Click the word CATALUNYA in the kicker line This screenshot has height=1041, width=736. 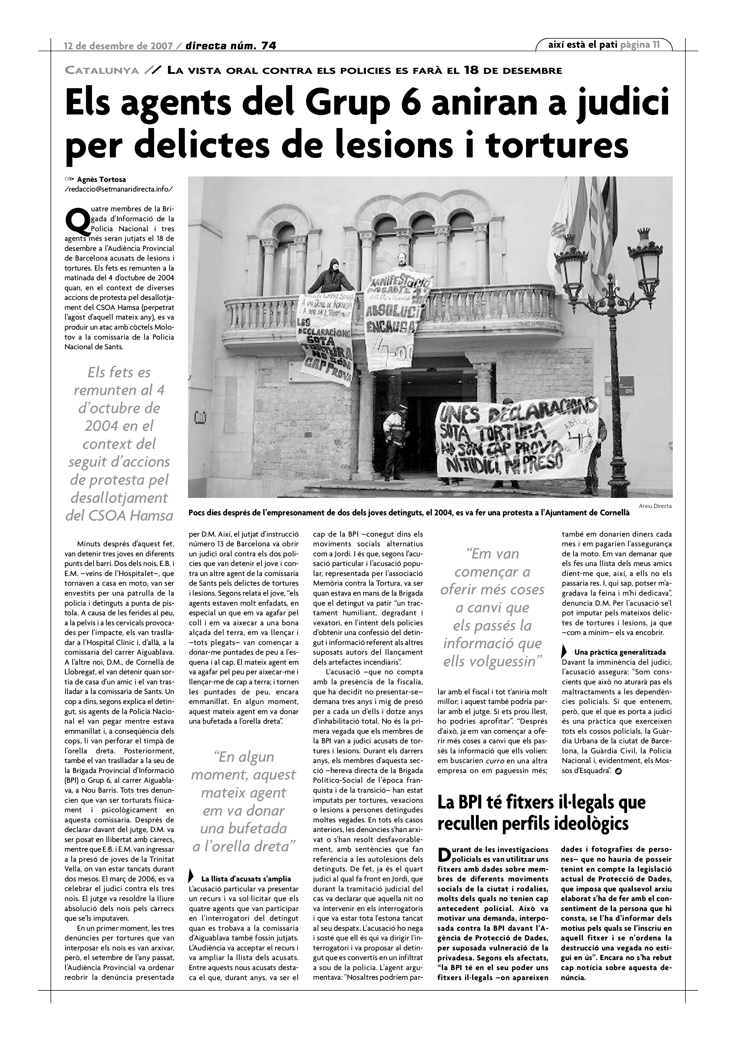click(102, 70)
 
